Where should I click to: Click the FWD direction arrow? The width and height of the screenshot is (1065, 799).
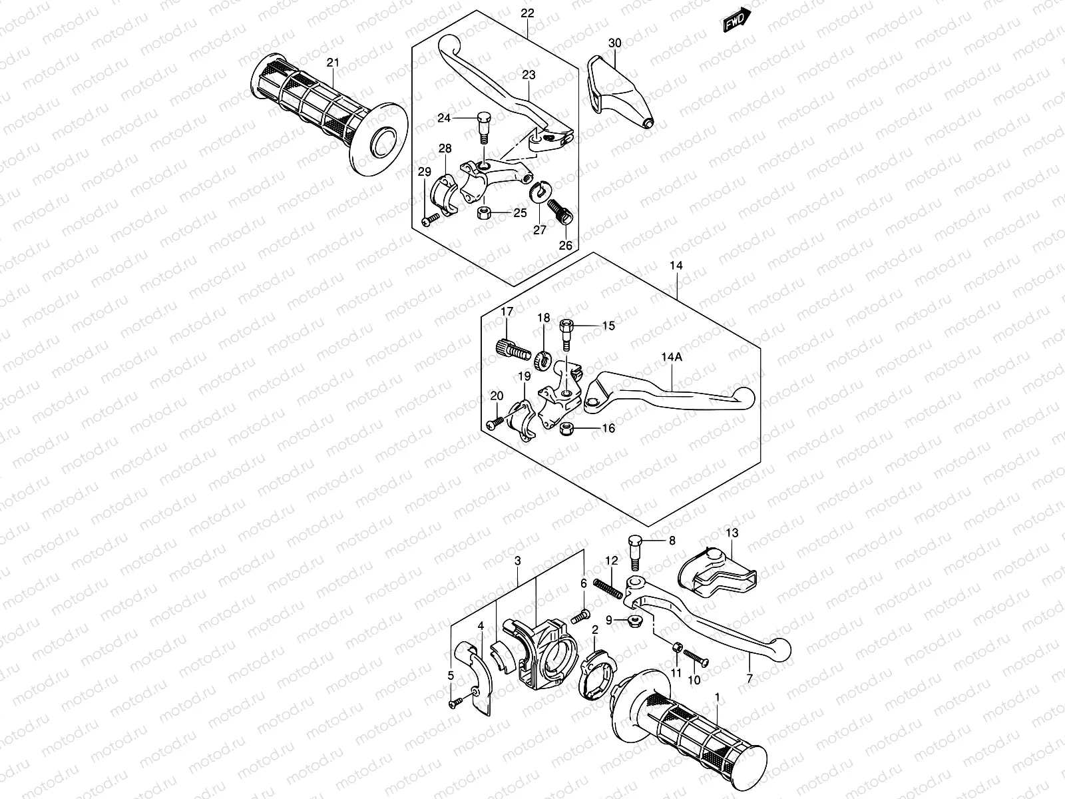737,21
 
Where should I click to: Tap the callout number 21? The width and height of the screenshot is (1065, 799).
333,63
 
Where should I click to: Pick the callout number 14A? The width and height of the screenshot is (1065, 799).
671,358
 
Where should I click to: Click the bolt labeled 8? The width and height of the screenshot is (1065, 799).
634,549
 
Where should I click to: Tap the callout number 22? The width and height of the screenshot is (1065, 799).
528,13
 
